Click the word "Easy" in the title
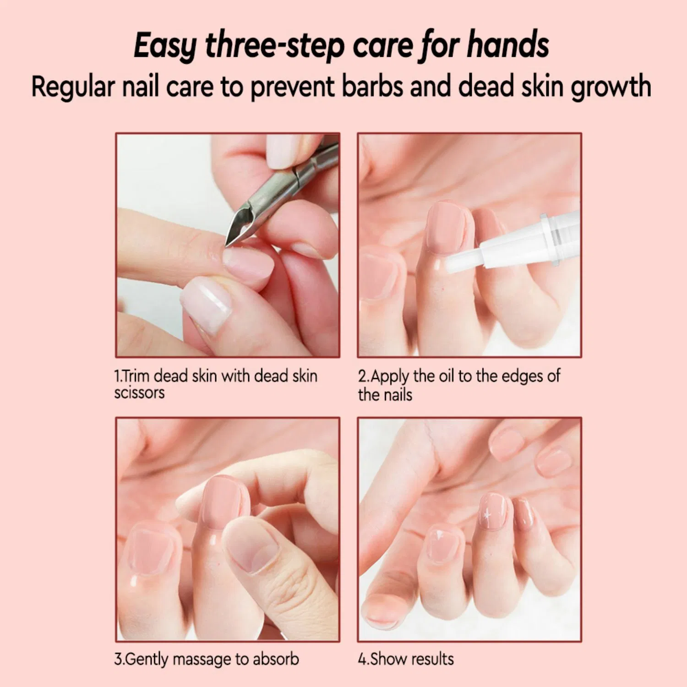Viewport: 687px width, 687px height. point(165,46)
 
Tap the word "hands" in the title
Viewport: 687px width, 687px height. point(508,45)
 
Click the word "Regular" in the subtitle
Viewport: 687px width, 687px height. point(73,87)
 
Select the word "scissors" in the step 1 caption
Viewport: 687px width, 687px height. point(139,393)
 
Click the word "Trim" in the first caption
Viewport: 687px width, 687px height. point(136,376)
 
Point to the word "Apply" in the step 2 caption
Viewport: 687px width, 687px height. point(390,376)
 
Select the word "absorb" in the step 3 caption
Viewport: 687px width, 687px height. point(276,660)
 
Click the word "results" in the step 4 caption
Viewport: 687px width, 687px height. point(432,659)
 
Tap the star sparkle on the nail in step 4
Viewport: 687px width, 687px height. point(487,516)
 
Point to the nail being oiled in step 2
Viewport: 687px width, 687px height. point(447,227)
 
